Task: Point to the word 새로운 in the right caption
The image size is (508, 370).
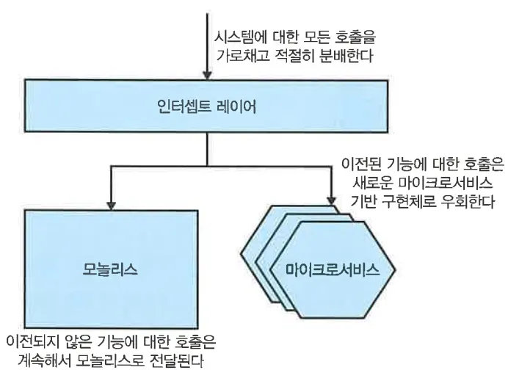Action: coord(371,181)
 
